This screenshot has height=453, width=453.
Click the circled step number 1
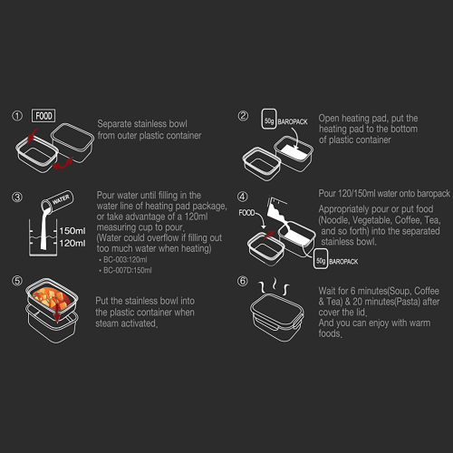tap(17, 116)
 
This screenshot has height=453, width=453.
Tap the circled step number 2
tap(243, 116)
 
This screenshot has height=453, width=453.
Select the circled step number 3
tap(17, 197)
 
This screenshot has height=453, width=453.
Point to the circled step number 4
tap(243, 197)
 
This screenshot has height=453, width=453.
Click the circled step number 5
tap(17, 281)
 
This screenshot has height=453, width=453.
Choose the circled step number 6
tap(243, 281)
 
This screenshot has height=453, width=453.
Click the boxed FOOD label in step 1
tap(43, 116)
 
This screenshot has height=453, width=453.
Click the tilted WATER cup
tap(57, 202)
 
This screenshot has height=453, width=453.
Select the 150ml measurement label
tap(72, 231)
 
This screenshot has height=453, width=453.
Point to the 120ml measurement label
tap(72, 243)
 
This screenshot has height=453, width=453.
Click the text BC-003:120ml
tap(125, 259)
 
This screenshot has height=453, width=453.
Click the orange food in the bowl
tap(52, 297)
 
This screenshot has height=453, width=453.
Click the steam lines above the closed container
tap(274, 286)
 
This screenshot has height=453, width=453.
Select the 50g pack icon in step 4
tap(321, 259)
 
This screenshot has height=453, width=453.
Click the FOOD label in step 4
tap(246, 213)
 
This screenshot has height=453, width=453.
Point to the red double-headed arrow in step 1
tap(63, 163)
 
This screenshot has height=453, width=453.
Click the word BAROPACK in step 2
tap(293, 121)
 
